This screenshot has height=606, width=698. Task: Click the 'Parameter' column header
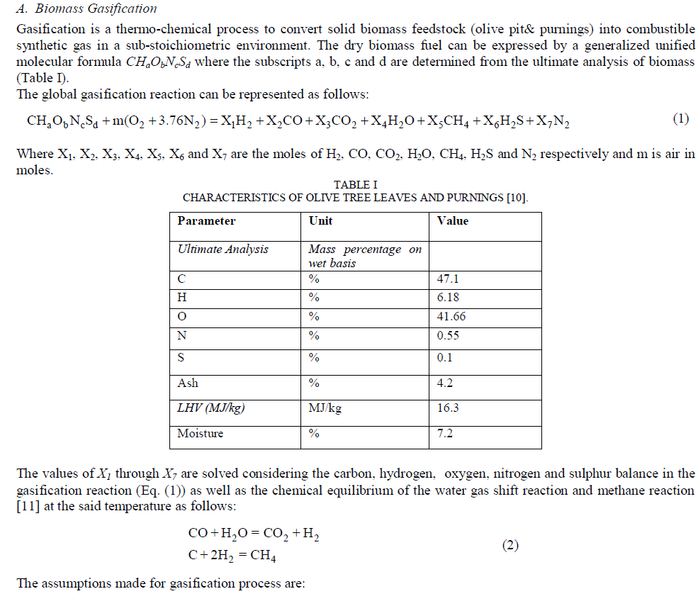coord(206,221)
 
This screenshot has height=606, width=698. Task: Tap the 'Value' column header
coord(453,221)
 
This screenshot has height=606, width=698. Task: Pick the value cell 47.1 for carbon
coord(449,279)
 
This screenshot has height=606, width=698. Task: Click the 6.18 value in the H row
coord(449,298)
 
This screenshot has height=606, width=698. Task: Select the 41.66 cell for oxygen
coord(452,317)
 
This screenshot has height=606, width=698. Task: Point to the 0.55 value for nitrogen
coord(449,335)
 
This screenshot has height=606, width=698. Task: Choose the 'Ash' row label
coord(188,383)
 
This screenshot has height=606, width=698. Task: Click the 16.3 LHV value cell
coord(449,408)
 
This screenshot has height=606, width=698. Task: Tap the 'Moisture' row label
coord(200,433)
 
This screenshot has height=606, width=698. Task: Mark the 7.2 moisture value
coord(445,433)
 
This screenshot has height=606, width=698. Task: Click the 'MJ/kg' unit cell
coord(325,408)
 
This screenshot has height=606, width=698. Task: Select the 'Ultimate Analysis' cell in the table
coord(223,249)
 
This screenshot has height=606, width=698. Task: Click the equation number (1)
coord(680,119)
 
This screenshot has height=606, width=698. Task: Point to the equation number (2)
coord(510,545)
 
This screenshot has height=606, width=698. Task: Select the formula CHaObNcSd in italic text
coord(160,62)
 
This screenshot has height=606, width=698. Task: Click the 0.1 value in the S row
coord(445,358)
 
